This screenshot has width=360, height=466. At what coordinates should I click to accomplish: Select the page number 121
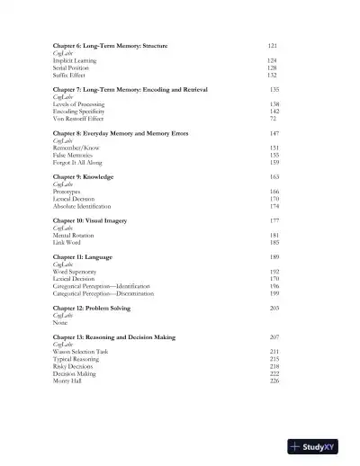click(273, 45)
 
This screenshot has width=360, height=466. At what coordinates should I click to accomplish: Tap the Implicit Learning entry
click(76, 60)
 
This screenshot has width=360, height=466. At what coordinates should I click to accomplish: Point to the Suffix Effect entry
click(70, 75)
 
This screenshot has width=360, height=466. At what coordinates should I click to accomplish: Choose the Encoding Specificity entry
click(81, 112)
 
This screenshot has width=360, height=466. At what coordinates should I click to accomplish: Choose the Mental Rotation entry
click(74, 236)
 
